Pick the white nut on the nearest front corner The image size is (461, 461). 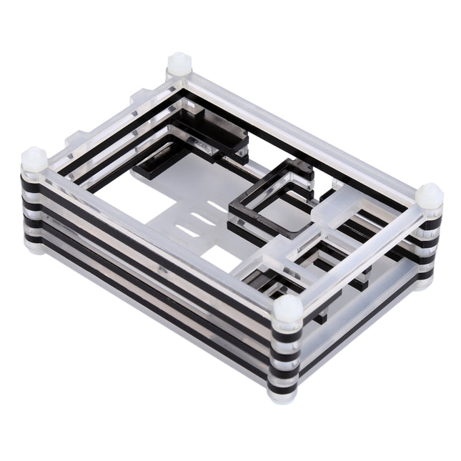coord(287,309)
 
